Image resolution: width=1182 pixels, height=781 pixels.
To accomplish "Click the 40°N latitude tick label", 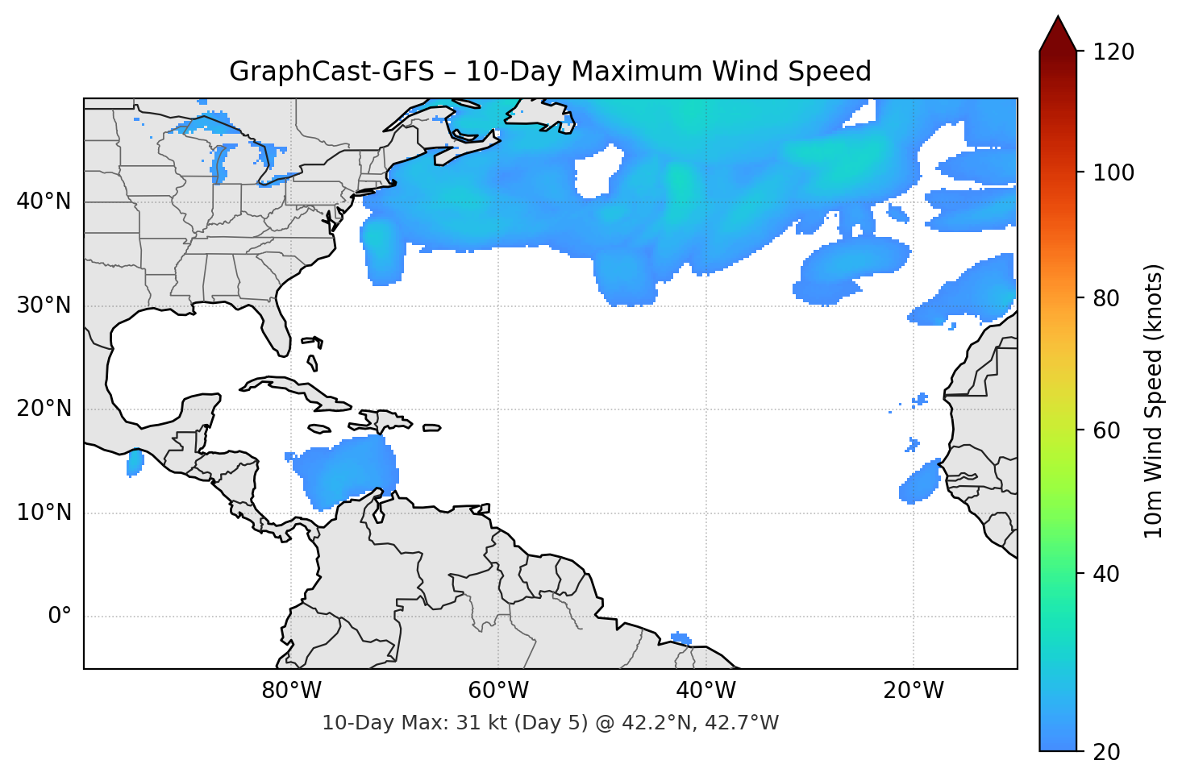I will coord(44,201).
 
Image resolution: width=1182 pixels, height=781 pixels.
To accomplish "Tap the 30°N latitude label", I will coord(44,305).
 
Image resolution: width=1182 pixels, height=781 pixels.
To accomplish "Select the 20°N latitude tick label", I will coord(44,409).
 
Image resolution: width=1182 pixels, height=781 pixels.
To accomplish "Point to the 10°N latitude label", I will coord(44,513).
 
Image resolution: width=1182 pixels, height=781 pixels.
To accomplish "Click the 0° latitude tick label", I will coord(60,617).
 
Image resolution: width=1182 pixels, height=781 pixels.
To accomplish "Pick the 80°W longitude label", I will coord(291,691).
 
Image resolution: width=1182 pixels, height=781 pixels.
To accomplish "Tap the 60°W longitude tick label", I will coord(498,691).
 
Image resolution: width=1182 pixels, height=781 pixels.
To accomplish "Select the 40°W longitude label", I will coord(705,691).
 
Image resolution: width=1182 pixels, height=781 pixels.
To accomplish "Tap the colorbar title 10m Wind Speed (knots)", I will coord(1154,401).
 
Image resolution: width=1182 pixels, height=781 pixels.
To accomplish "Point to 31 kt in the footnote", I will coord(478,723).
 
